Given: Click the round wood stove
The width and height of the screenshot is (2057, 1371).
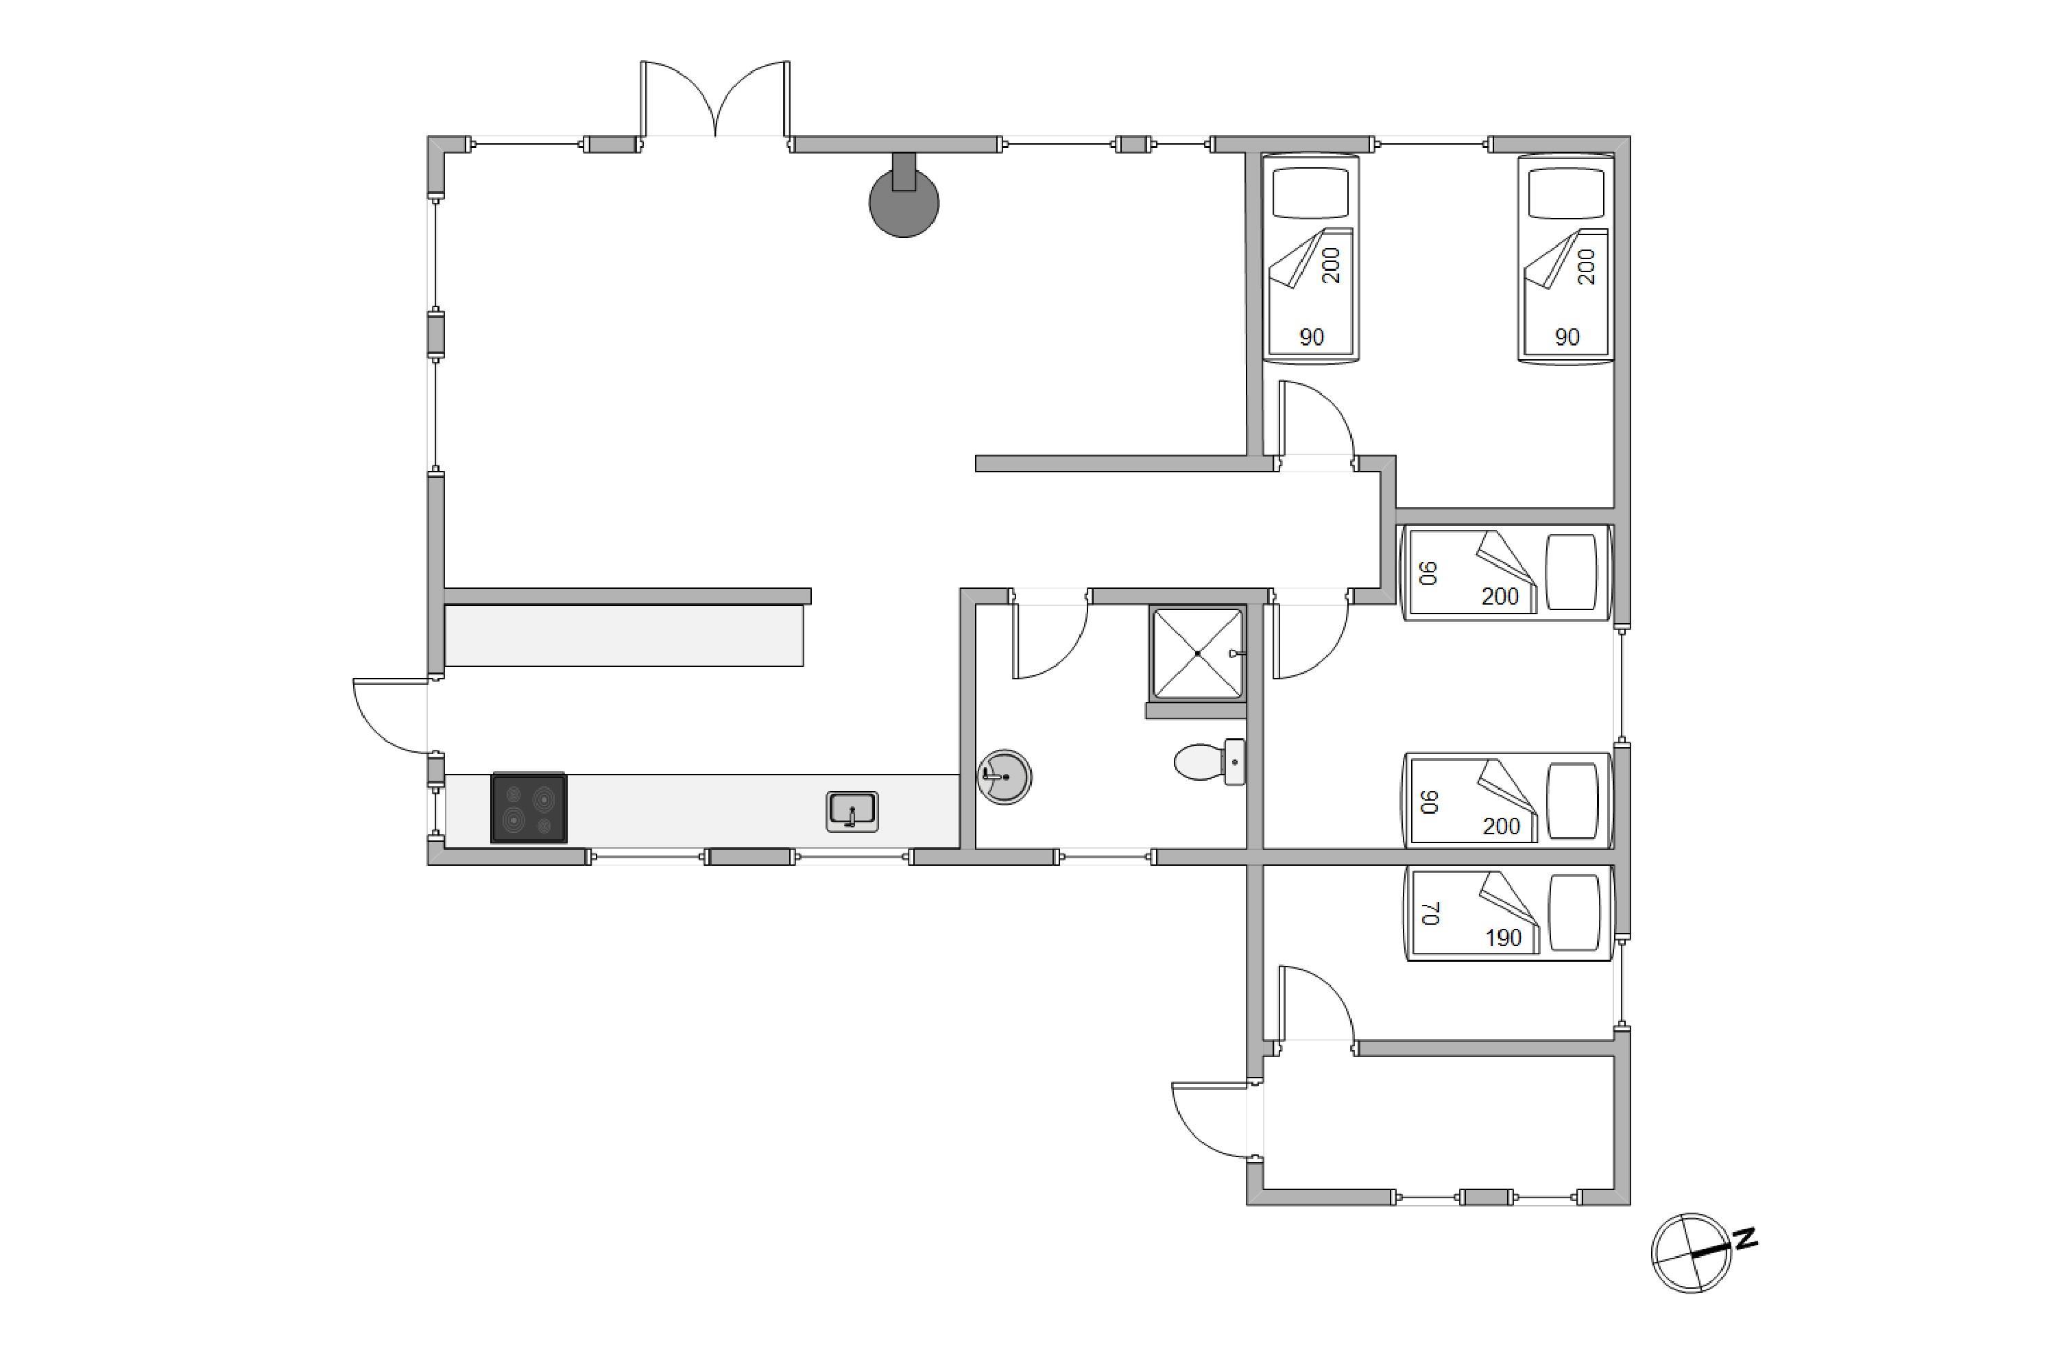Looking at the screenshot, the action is click(904, 202).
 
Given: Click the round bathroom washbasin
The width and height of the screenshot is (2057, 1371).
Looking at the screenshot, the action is click(1005, 777).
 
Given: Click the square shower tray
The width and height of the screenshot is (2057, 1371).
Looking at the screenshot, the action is click(1197, 654).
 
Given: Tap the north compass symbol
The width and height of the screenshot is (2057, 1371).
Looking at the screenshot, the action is click(1691, 1253).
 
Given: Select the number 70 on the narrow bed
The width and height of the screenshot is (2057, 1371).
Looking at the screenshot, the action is click(1430, 914).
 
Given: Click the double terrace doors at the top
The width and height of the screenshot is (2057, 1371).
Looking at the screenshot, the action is click(715, 99).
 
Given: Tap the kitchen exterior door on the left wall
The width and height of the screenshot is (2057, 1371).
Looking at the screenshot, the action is click(390, 715).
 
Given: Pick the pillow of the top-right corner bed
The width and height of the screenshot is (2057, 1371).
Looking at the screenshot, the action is click(1565, 193).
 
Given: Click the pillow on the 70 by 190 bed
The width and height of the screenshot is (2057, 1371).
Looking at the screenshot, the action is click(1574, 914).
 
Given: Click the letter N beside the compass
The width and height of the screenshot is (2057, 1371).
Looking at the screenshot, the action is click(1746, 1239).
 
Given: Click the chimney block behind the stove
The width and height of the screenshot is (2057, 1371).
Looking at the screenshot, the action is click(904, 171).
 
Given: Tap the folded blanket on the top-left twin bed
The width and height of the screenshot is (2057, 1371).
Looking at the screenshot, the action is click(1310, 259).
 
